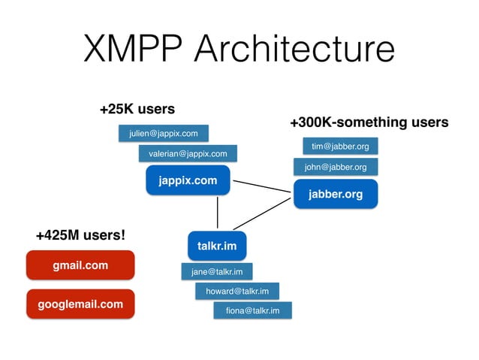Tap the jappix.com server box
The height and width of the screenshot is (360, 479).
click(188, 181)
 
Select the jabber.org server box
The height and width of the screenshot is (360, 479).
click(335, 195)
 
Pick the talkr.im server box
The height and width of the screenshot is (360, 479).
click(216, 246)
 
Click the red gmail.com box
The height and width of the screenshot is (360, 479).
click(80, 265)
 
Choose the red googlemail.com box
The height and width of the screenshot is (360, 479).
click(80, 304)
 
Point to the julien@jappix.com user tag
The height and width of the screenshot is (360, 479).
click(163, 134)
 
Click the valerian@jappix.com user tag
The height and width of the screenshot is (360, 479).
click(188, 153)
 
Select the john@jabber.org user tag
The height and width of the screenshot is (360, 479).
click(336, 167)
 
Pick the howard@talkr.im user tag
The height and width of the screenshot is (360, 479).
click(236, 291)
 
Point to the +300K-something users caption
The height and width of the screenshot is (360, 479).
click(369, 122)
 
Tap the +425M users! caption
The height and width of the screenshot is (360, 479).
click(80, 235)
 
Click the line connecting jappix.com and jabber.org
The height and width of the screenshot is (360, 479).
click(260, 188)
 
